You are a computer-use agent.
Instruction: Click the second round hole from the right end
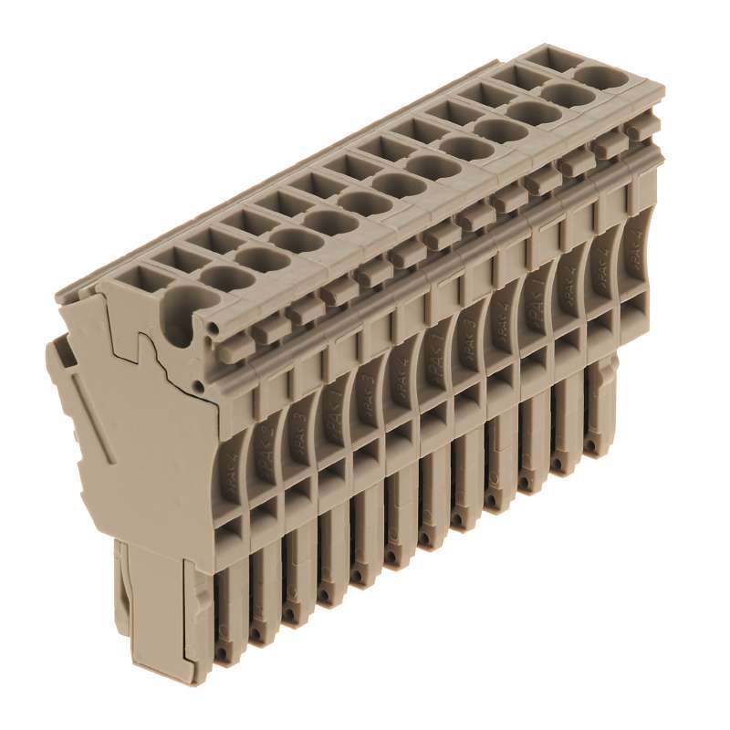tap(564, 93)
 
